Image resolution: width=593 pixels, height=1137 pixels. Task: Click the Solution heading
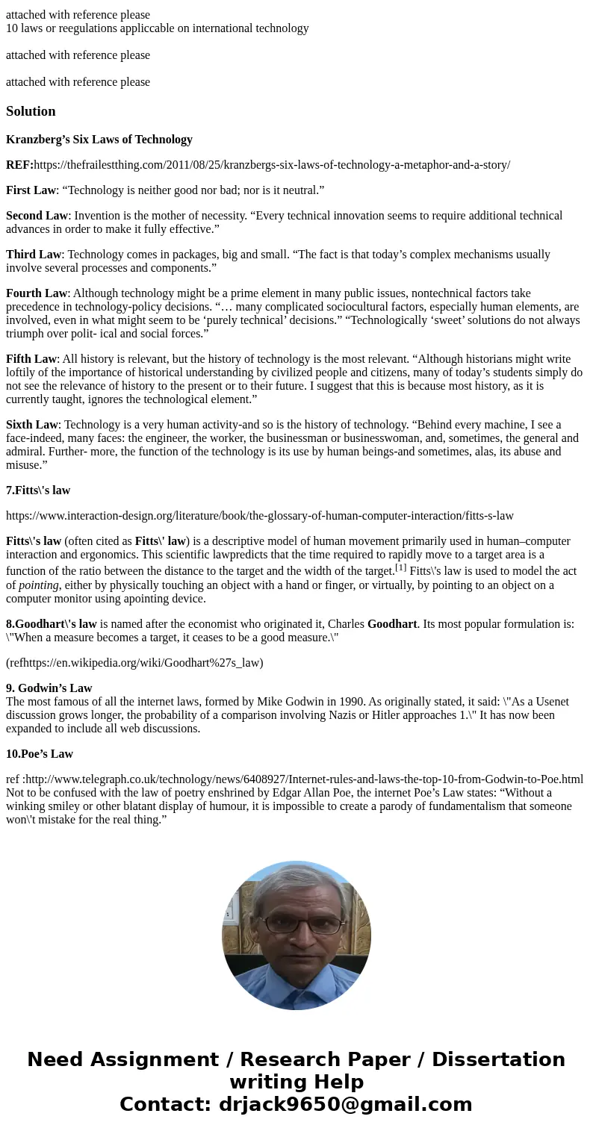pyautogui.click(x=31, y=111)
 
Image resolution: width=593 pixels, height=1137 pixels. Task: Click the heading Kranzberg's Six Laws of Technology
pyautogui.click(x=99, y=140)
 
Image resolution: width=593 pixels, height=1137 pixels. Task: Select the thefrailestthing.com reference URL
pyautogui.click(x=272, y=165)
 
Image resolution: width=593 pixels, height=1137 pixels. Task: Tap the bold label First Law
pyautogui.click(x=31, y=190)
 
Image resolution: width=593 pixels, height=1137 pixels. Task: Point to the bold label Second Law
pyautogui.click(x=37, y=216)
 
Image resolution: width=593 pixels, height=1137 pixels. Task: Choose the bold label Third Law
pyautogui.click(x=34, y=255)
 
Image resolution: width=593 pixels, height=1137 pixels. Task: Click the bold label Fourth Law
pyautogui.click(x=37, y=293)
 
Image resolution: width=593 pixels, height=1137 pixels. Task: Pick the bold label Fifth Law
pyautogui.click(x=31, y=359)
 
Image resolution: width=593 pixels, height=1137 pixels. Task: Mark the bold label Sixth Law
pyautogui.click(x=32, y=425)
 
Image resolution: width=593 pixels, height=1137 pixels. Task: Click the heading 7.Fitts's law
pyautogui.click(x=38, y=490)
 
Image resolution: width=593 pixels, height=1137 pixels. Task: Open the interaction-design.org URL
pyautogui.click(x=260, y=516)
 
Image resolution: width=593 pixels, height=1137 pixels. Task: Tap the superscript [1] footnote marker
pyautogui.click(x=401, y=567)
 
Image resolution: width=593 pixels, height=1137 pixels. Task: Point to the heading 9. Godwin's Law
pyautogui.click(x=49, y=688)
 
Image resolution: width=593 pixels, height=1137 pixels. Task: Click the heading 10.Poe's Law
pyautogui.click(x=40, y=754)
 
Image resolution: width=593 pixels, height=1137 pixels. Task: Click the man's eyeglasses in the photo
pyautogui.click(x=296, y=924)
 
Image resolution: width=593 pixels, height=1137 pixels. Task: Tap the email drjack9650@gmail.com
pyautogui.click(x=345, y=1105)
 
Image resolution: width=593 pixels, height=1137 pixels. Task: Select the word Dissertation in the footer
pyautogui.click(x=498, y=1060)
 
